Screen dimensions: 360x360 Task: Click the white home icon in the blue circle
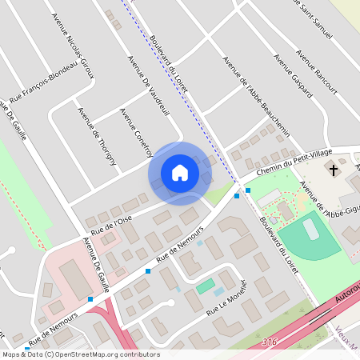[180, 173]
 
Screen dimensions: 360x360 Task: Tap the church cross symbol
[333, 170]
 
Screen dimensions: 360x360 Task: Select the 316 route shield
[270, 342]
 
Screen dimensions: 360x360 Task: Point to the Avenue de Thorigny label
[97, 136]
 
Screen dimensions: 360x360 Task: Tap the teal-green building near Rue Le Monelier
[206, 285]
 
